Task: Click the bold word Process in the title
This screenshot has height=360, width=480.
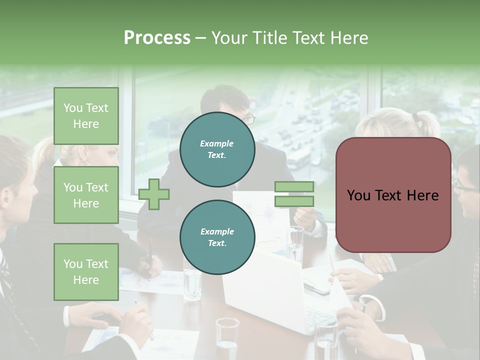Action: pyautogui.click(x=157, y=37)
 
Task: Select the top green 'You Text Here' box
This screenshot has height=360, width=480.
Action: pyautogui.click(x=86, y=116)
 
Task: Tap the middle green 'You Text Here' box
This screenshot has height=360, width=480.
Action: pyautogui.click(x=86, y=195)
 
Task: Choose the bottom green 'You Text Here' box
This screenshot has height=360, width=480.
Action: pyautogui.click(x=86, y=271)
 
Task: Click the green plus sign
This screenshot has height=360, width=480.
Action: pyautogui.click(x=154, y=194)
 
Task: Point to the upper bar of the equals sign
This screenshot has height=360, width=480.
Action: pyautogui.click(x=294, y=186)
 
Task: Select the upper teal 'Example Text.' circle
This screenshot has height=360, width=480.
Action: pyautogui.click(x=217, y=149)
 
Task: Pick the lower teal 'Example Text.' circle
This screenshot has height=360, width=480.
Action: pyautogui.click(x=217, y=237)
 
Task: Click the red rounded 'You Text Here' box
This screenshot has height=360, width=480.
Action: pyautogui.click(x=393, y=195)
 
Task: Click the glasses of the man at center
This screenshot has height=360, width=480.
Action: pyautogui.click(x=249, y=119)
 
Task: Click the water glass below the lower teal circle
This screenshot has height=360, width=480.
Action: pyautogui.click(x=192, y=285)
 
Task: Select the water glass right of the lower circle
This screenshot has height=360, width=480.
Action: pyautogui.click(x=295, y=243)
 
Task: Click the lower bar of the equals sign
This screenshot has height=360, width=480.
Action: pyautogui.click(x=294, y=201)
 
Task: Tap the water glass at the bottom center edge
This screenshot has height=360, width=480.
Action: pyautogui.click(x=227, y=340)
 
